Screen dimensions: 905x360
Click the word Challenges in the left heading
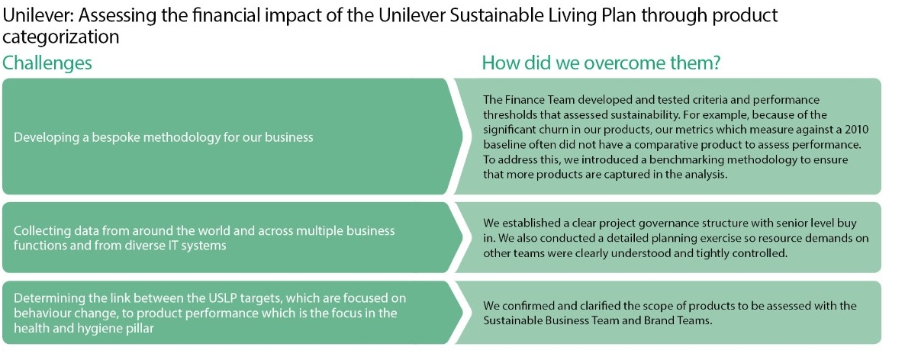pyautogui.click(x=47, y=63)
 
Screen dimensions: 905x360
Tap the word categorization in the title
pyautogui.click(x=60, y=37)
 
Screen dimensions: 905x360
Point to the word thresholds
pyautogui.click(x=507, y=114)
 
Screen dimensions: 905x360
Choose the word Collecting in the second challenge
pyautogui.click(x=38, y=231)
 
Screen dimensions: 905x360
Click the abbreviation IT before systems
pyautogui.click(x=159, y=245)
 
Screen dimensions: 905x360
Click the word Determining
pyautogui.click(x=42, y=298)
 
